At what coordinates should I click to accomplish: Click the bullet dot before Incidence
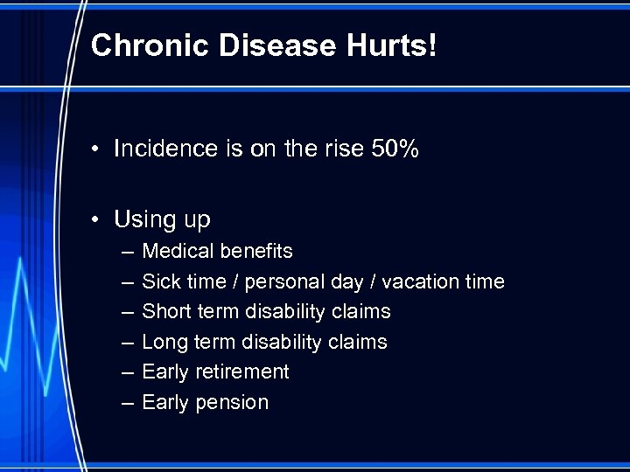[99, 149]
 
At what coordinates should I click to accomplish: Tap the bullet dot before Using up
[99, 219]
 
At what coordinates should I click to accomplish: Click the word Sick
[159, 281]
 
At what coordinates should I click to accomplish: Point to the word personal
[285, 281]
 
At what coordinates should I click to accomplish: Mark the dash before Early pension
[127, 402]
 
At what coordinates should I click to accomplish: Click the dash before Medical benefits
[127, 252]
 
